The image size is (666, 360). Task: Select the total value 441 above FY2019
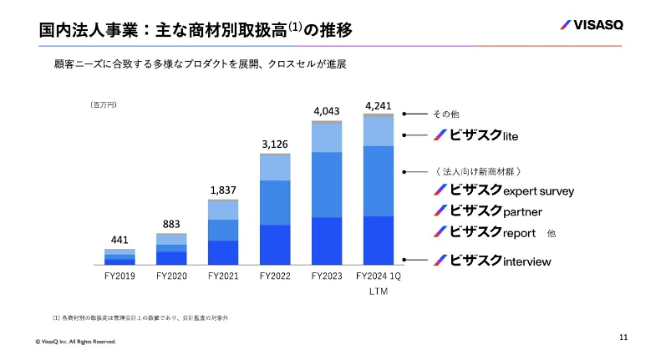coord(119,241)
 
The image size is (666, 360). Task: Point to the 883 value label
coord(170,224)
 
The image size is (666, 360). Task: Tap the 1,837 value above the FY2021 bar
coord(223,191)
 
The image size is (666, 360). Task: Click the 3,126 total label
coord(275,145)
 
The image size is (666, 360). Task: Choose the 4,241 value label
coord(379,105)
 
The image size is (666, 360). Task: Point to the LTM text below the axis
coord(379,292)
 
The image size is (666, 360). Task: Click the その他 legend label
coord(445,114)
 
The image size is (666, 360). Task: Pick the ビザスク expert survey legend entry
coord(503,190)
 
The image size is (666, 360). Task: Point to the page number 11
coord(623,337)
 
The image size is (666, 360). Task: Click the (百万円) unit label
coord(104,105)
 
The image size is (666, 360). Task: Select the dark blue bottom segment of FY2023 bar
coord(327,241)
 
